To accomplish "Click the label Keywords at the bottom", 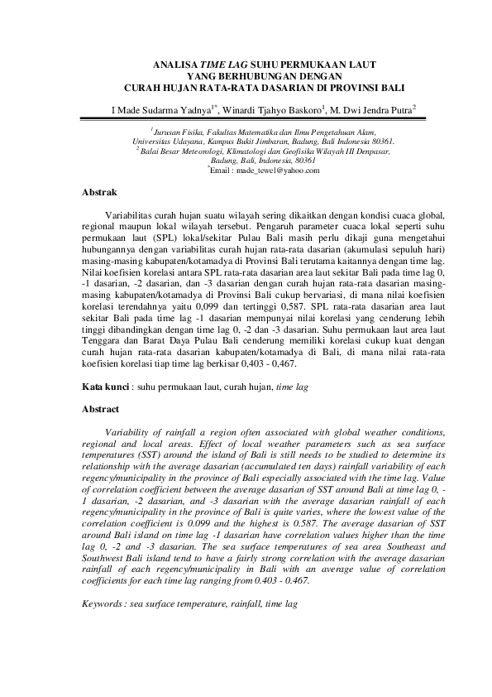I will (x=105, y=582).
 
